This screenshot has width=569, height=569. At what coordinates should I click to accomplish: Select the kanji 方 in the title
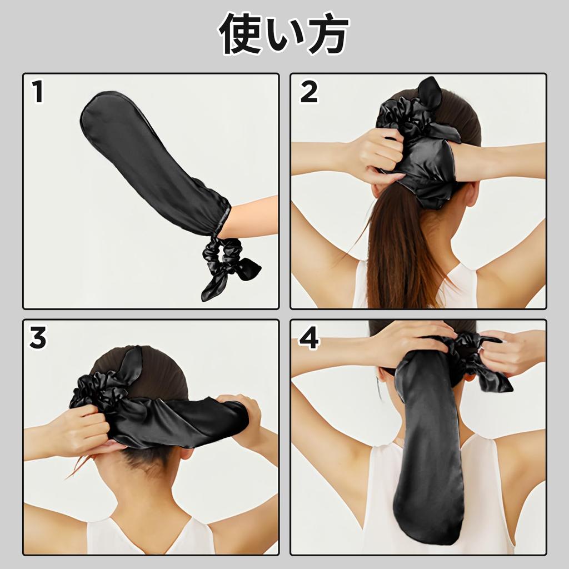(x=328, y=34)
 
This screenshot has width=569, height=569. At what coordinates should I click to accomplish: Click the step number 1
(x=37, y=92)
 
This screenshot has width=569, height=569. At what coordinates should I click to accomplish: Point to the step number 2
(x=308, y=92)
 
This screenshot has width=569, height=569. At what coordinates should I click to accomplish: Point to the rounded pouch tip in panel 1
(x=100, y=111)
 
